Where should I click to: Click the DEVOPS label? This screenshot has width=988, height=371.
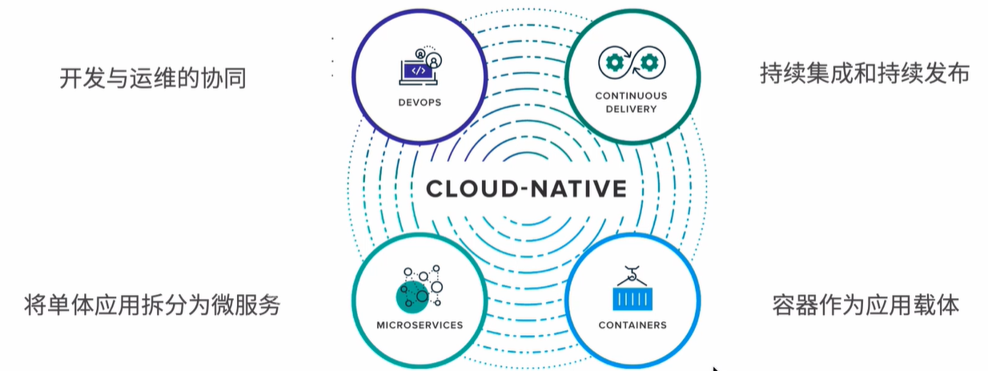point(420,103)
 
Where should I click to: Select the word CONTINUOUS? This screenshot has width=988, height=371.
point(631,95)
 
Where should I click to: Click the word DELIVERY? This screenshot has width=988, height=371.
point(631,108)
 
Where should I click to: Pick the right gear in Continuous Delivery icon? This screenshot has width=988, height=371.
point(649,63)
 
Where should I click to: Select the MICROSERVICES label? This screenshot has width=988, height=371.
point(420,325)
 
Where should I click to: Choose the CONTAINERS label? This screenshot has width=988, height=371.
point(633,325)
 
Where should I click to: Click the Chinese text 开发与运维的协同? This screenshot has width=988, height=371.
point(152,79)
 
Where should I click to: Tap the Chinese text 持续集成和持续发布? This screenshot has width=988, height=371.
point(865,74)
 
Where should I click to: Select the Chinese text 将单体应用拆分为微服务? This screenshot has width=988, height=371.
point(152,304)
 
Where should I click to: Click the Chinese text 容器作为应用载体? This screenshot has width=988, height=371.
point(865,304)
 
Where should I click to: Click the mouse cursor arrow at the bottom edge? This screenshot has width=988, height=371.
point(715,368)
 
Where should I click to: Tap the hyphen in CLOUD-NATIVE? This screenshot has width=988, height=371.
point(526,190)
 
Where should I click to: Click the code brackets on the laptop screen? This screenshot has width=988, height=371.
point(416,71)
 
